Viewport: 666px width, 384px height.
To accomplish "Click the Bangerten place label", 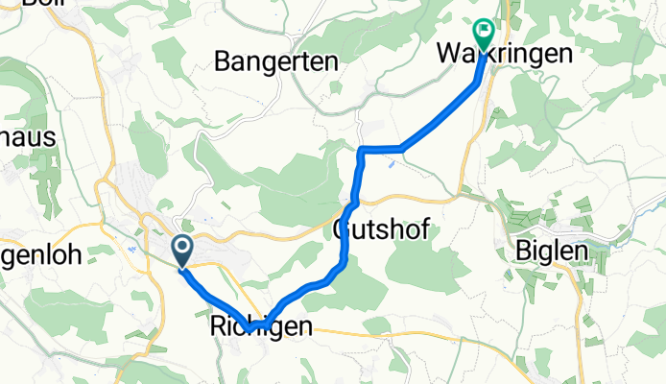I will point(276,63).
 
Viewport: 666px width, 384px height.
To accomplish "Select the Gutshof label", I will point(380,230).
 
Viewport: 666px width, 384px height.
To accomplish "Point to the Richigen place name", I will point(260,327).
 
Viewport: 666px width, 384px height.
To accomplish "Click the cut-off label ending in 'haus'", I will point(28,137).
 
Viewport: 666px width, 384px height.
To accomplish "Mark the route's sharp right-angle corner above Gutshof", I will point(361,150).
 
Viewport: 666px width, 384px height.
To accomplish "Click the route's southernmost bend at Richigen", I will point(250,330).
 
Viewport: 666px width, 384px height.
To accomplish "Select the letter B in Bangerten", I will point(223,63).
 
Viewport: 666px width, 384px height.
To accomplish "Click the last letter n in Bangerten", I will point(330,63).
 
